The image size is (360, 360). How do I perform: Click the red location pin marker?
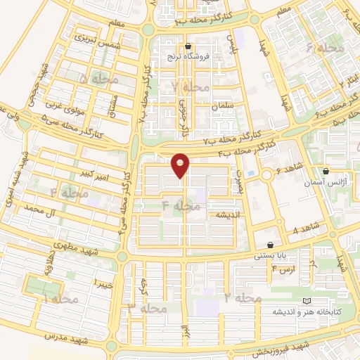point(181,165)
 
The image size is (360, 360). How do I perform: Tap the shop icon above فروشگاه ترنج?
point(187,46)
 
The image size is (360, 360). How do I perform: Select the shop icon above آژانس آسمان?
point(326,171)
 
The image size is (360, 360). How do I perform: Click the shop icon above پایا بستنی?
point(270,245)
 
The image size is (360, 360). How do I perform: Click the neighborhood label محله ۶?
point(320,48)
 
